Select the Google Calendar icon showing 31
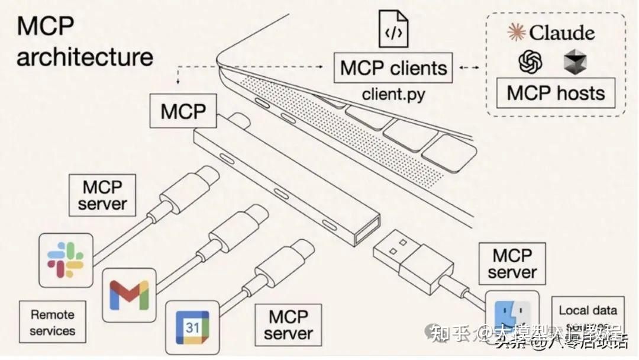tap(192, 327)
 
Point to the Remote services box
tap(52, 323)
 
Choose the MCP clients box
tap(393, 69)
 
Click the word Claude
tap(561, 32)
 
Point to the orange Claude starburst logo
tap(517, 32)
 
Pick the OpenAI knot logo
tap(530, 62)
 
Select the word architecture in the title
tap(85, 57)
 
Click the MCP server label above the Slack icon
tap(102, 196)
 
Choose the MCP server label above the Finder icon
tap(512, 264)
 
